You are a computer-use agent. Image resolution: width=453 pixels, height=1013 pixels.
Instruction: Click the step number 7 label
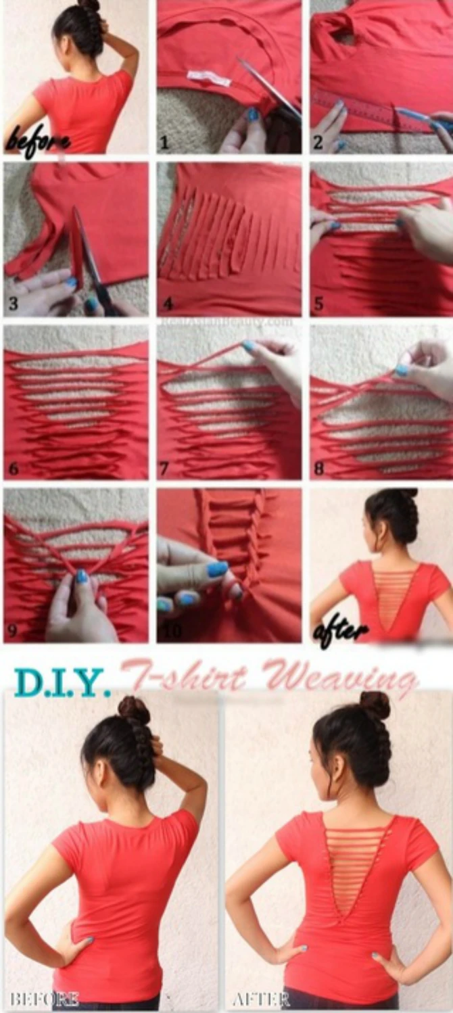165,468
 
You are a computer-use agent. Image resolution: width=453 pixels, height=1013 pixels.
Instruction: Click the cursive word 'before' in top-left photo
37,140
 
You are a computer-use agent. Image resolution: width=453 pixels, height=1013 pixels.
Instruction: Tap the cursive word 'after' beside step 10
341,632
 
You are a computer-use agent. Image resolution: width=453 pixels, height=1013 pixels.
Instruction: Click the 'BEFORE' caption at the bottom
45,998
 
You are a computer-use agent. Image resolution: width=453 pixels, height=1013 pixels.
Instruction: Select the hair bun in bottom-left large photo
133,711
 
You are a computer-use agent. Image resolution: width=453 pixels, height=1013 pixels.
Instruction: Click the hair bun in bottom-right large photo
375,705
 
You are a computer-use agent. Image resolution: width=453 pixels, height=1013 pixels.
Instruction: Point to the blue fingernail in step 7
250,346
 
